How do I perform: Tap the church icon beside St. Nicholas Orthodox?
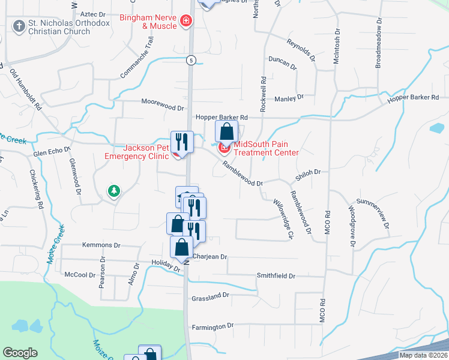[18, 26]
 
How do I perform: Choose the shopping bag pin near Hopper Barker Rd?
[226, 131]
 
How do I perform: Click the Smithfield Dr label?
[276, 276]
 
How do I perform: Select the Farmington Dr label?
[212, 326]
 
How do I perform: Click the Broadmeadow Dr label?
[378, 46]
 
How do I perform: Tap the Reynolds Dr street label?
[301, 50]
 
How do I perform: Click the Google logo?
[20, 353]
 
